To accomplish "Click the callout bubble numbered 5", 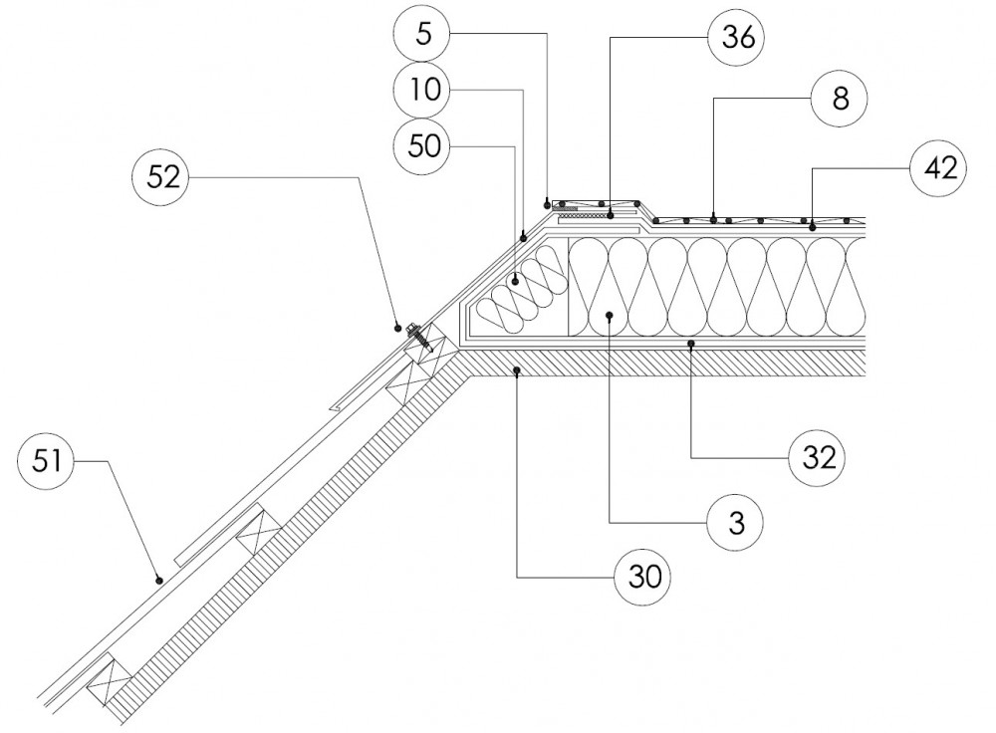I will [x=424, y=33].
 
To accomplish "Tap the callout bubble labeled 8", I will [x=839, y=100].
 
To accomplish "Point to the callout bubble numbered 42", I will [x=938, y=168].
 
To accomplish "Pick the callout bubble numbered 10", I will [x=422, y=91].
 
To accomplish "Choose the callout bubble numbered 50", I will [x=422, y=146].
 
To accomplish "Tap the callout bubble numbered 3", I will [x=736, y=521].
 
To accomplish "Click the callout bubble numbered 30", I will [x=642, y=576].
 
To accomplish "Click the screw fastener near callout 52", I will [x=421, y=337].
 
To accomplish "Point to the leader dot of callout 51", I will [x=158, y=578].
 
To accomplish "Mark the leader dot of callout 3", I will [x=609, y=314].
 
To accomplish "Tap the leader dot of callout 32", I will [x=690, y=344].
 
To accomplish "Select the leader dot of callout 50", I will [x=515, y=282].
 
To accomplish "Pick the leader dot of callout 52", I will [x=397, y=325].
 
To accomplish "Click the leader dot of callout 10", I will [x=524, y=238].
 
